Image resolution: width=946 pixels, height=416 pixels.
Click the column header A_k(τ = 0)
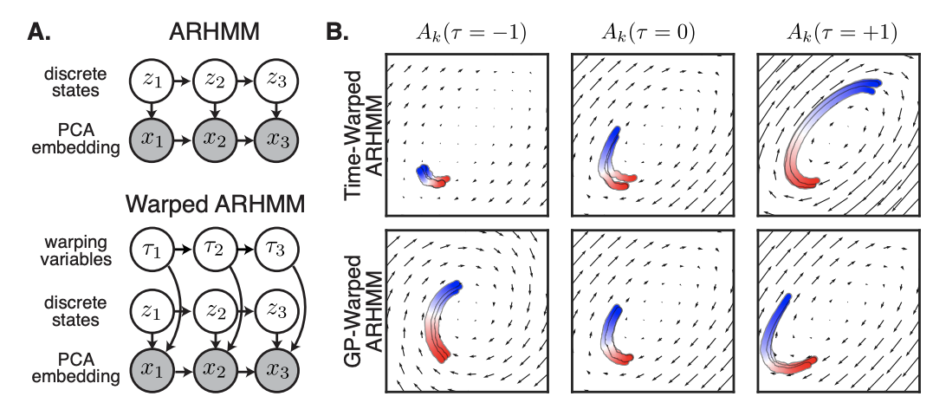point(649,35)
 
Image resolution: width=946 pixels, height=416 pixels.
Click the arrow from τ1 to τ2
point(181,250)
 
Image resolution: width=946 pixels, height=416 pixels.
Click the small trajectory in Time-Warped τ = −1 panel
point(432,176)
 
